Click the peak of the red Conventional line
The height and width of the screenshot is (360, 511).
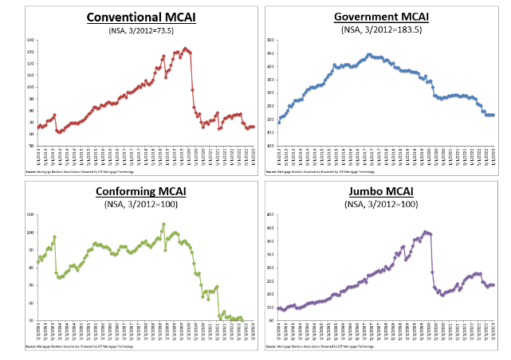point(186,49)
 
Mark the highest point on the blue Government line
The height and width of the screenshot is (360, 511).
point(368,54)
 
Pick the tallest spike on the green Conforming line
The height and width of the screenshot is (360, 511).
point(163,224)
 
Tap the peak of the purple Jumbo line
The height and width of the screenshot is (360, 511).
point(426,232)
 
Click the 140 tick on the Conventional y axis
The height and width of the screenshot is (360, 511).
point(31,40)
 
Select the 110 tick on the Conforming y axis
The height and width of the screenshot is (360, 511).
point(31,215)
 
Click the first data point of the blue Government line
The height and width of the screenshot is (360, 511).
point(278,123)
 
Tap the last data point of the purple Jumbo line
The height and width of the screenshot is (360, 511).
point(493,285)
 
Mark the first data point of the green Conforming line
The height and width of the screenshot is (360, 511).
point(38,261)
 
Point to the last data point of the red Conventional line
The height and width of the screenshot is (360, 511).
point(254,127)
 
